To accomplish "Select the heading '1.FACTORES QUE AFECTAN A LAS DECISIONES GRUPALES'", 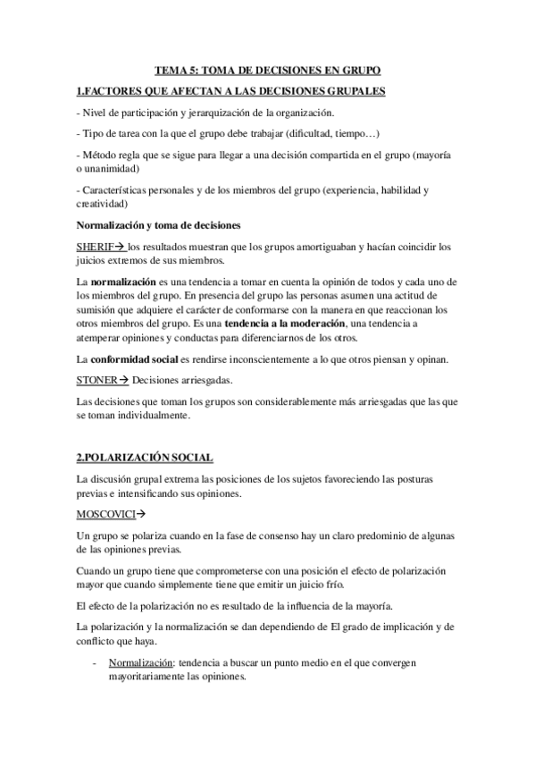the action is (x=231, y=91).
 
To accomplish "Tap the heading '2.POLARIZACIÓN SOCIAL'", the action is (x=145, y=459).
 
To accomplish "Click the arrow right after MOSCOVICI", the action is (x=141, y=515).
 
